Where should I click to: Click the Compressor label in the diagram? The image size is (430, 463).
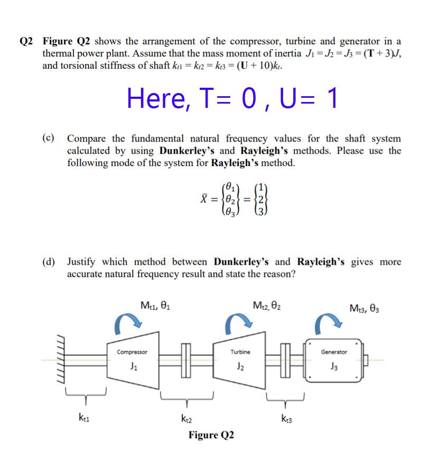coord(132,351)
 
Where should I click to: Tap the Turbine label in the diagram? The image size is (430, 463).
coord(240,351)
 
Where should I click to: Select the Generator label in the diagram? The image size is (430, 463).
coord(334,352)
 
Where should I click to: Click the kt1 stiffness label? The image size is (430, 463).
coord(85,417)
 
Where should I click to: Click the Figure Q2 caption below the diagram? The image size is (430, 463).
coord(211,435)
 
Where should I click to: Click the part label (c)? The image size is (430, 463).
coord(49,138)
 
